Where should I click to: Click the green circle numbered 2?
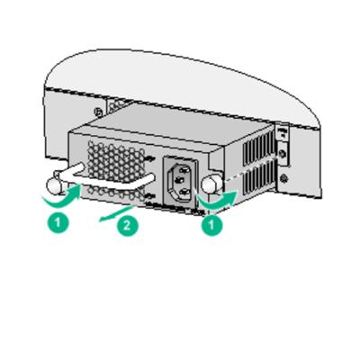point(127,225)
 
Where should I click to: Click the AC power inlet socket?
point(177,179)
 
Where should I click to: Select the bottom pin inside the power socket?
point(180,190)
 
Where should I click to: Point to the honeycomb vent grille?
point(114,162)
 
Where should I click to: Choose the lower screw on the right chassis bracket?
point(284,177)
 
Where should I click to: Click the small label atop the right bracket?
point(283,132)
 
